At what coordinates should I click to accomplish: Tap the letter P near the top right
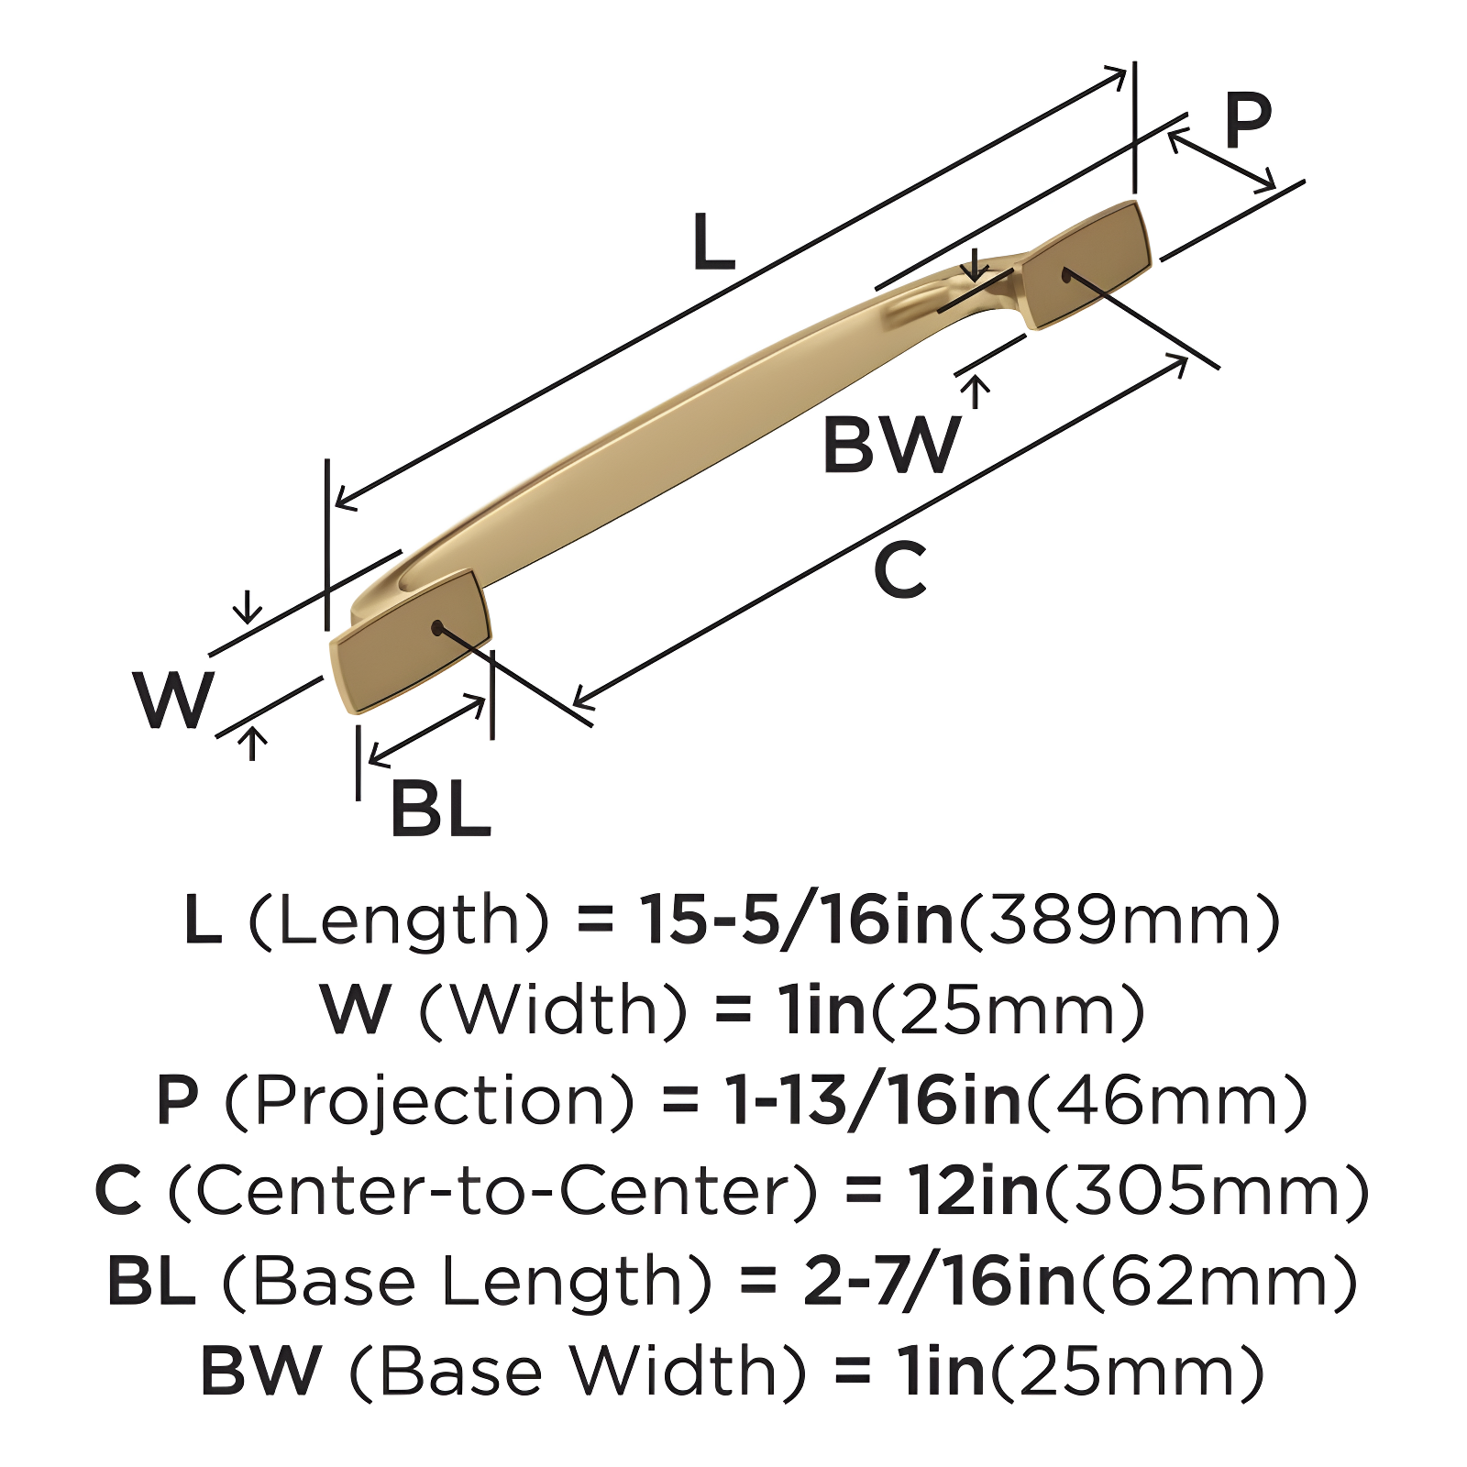[1248, 122]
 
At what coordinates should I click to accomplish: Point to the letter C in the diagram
[900, 570]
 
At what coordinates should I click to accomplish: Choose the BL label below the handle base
[440, 809]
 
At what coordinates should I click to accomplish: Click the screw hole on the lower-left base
[437, 628]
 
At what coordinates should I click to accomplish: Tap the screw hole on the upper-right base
[1066, 274]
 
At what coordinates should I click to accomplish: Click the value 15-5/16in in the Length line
[796, 920]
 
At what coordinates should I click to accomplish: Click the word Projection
[429, 1100]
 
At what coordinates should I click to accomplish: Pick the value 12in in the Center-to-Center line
[973, 1190]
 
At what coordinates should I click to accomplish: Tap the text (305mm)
[1207, 1190]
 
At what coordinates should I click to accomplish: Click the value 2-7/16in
[938, 1281]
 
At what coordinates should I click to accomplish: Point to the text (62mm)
[1219, 1281]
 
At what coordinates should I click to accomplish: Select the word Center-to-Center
[492, 1190]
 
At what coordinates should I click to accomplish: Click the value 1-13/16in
[873, 1100]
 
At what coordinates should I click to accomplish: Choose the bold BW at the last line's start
[260, 1371]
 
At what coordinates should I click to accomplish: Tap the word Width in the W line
[553, 1009]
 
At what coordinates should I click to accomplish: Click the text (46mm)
[1166, 1100]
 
